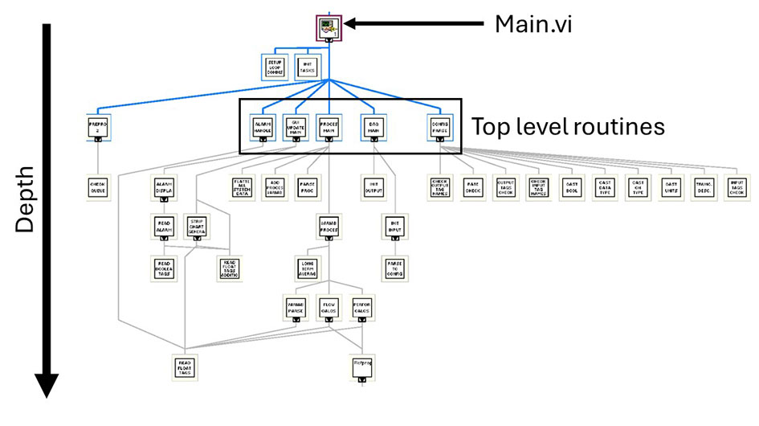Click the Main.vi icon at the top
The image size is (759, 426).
click(329, 28)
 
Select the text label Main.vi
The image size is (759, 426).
click(535, 25)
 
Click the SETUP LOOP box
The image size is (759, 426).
click(275, 67)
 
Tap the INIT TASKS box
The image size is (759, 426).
click(306, 67)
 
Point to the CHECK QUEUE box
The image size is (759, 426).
click(98, 187)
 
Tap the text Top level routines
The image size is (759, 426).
click(568, 126)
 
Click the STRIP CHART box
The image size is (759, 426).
click(198, 227)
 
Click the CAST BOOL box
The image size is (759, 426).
click(572, 187)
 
